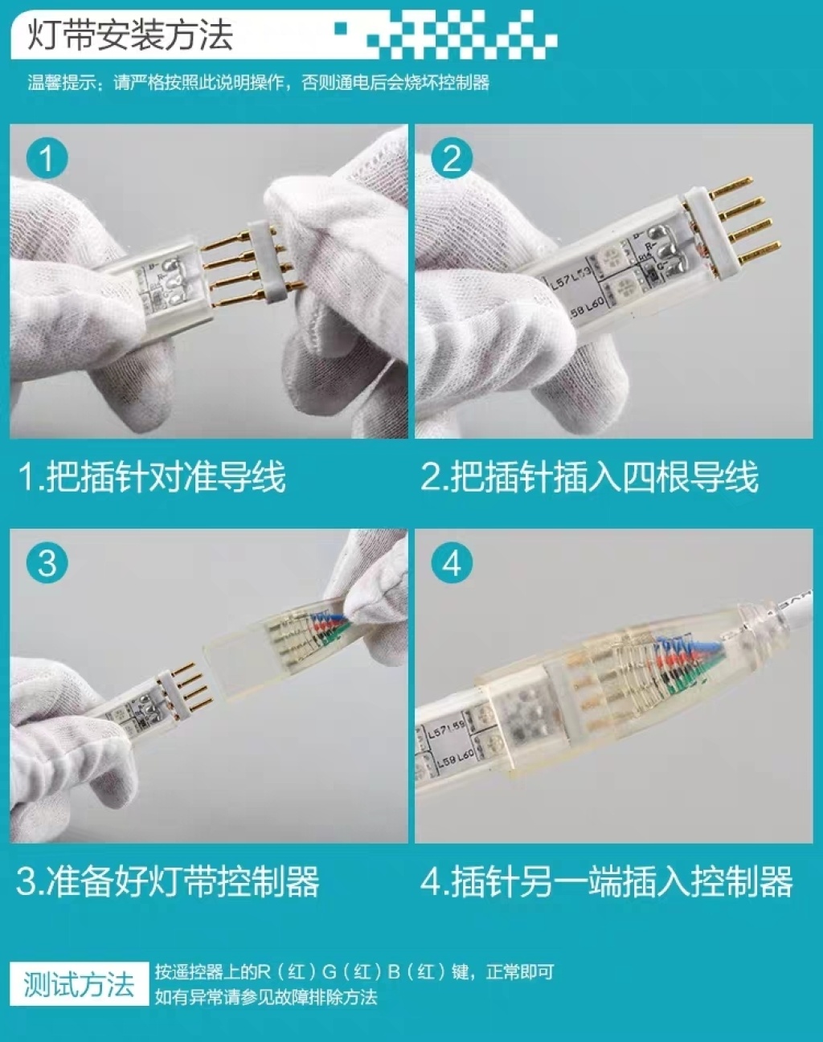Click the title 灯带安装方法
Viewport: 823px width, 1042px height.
click(x=130, y=35)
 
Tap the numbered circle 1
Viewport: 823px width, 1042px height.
click(x=47, y=157)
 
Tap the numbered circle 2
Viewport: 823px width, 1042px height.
click(x=452, y=157)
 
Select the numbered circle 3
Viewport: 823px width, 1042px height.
click(x=47, y=562)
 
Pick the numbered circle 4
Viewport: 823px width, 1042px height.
click(x=452, y=562)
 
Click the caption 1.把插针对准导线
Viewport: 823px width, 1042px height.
click(x=152, y=477)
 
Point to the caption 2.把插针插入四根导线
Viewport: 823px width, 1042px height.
click(x=589, y=477)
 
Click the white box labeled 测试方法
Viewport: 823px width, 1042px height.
click(x=79, y=984)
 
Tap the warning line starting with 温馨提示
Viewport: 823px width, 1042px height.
click(x=258, y=83)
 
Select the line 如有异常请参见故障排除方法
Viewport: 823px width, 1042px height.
click(x=266, y=997)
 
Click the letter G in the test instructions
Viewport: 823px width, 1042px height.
click(x=330, y=972)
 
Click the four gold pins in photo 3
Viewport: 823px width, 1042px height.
click(x=192, y=682)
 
